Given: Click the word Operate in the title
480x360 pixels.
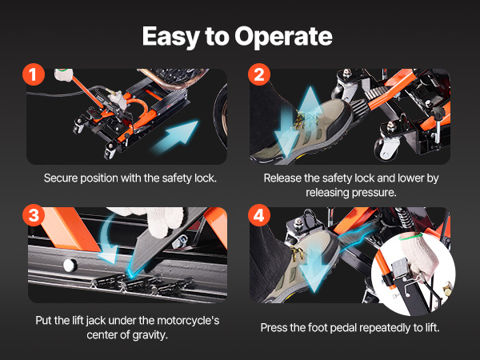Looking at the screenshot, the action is coord(283,37).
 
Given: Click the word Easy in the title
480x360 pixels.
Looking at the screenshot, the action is coord(171,37).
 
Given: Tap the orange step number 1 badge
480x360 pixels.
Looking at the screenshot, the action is coord(34,74).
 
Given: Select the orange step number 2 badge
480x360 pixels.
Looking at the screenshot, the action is coord(259,74).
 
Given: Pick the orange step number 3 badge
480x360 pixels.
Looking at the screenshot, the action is coord(34,215).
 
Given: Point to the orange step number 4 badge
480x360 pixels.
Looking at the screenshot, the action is coord(259,215).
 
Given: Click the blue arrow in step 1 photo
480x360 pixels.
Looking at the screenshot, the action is coord(175,137).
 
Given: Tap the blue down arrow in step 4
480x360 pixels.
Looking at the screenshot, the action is coord(312,273).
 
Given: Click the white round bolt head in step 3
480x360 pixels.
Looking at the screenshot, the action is coord(69,265).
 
